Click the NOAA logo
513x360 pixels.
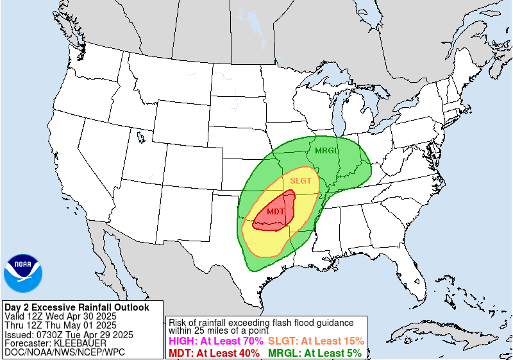tap(23, 273)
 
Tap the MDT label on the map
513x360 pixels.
tap(276, 212)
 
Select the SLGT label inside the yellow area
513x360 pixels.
tap(300, 181)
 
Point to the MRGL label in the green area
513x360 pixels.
tap(326, 151)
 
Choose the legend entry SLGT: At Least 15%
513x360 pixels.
tap(315, 341)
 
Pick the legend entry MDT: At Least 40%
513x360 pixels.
tap(214, 353)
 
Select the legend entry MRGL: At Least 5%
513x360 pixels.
tap(314, 353)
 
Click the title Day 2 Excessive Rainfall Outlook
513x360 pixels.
tap(76, 308)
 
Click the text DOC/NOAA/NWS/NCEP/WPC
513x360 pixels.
tap(65, 352)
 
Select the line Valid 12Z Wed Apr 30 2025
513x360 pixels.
tap(60, 316)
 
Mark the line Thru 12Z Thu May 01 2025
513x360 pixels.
tap(60, 325)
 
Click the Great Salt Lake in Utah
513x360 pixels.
tap(140, 136)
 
